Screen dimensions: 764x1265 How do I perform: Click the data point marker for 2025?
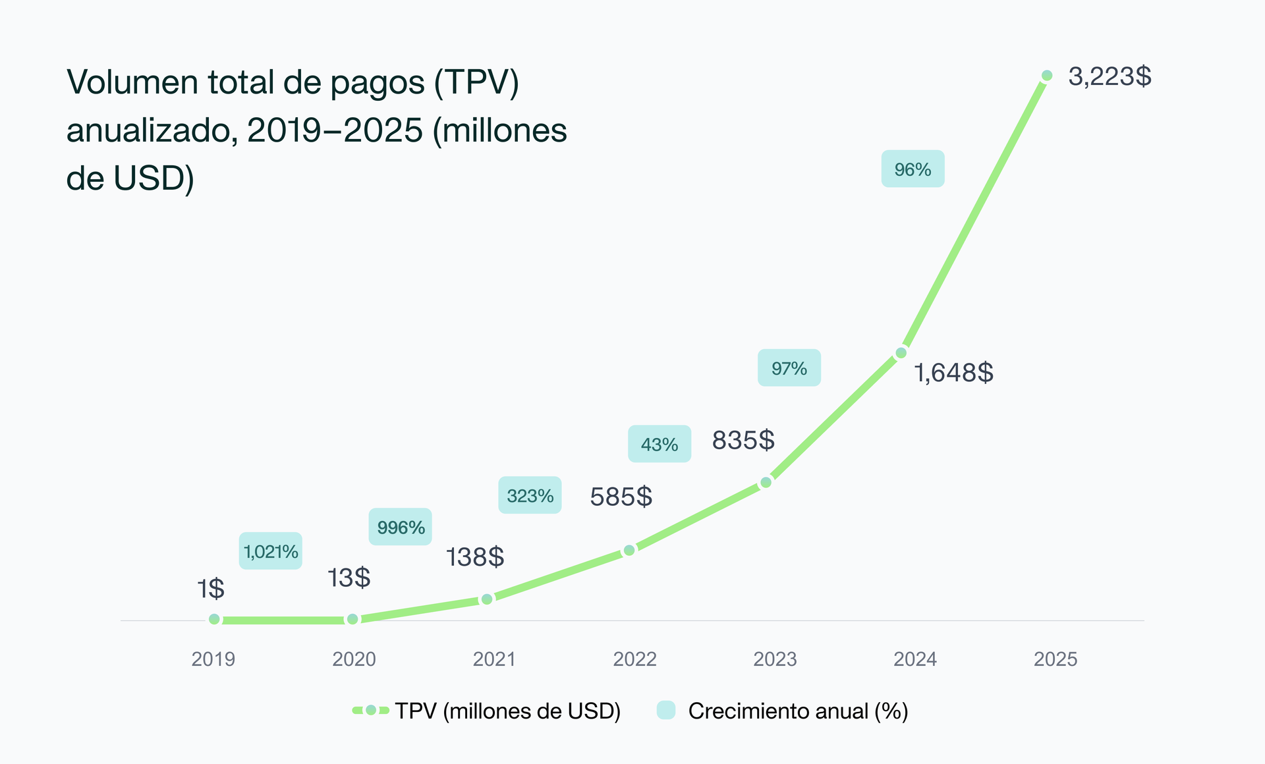pos(1047,76)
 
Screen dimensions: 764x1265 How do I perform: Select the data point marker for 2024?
pos(901,353)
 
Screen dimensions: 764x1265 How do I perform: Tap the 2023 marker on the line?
pos(766,483)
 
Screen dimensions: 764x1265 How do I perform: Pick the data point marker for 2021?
pos(487,599)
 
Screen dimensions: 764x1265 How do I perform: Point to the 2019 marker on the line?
pos(214,619)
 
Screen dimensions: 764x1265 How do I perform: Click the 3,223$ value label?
pos(1110,77)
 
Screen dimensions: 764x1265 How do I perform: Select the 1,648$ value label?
pos(953,373)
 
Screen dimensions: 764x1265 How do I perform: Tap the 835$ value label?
pos(743,440)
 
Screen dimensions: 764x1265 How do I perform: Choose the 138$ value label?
pos(475,557)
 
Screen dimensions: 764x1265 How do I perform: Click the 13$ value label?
pos(349,578)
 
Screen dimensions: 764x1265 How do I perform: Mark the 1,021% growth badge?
pos(271,551)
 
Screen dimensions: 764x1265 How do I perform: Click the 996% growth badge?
pos(401,527)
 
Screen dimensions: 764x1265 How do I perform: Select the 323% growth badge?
pos(530,495)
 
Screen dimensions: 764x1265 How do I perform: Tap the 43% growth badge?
pos(660,444)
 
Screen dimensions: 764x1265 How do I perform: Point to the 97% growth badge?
pos(789,368)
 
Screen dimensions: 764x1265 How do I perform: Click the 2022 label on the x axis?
pos(634,659)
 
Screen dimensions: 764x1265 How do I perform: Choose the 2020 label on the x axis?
pos(354,659)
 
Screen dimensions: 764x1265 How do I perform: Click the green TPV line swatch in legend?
pos(370,710)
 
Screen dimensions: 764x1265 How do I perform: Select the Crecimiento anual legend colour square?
pos(666,710)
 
